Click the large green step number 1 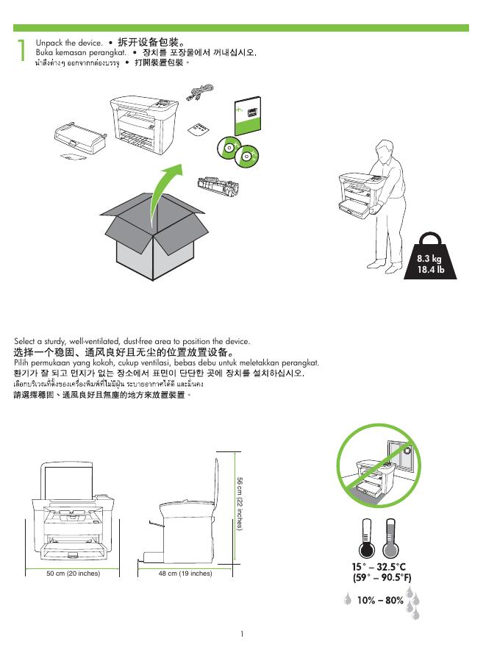[x=21, y=50]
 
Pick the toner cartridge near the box [x=218, y=187]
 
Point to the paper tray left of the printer [x=80, y=137]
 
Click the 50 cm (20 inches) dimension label [x=73, y=573]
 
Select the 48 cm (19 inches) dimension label [x=185, y=573]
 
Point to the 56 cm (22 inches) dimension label [x=240, y=504]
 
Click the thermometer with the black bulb [x=366, y=538]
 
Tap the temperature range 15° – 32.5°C [x=379, y=567]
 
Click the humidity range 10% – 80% [x=380, y=600]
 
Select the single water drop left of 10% [x=348, y=598]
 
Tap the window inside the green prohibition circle [x=400, y=455]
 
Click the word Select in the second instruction [x=24, y=341]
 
